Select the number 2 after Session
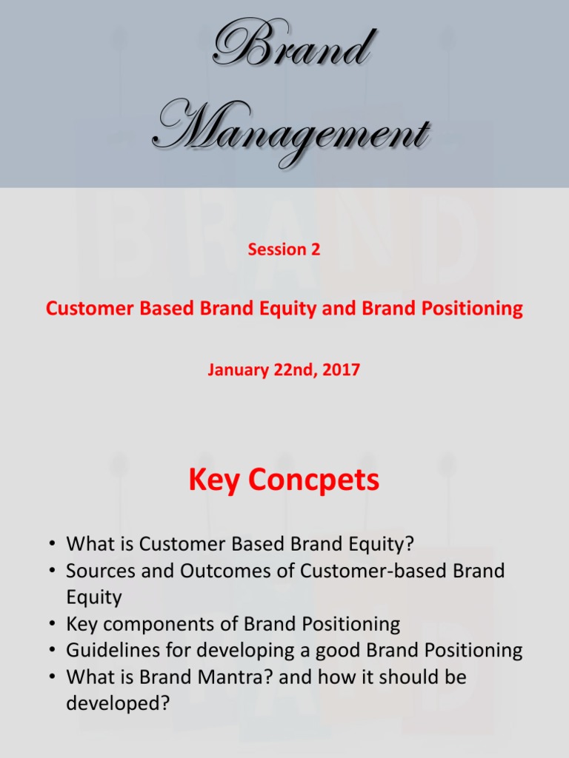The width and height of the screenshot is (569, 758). point(316,249)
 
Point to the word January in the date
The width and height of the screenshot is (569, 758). point(236,369)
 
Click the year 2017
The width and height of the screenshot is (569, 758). point(342,369)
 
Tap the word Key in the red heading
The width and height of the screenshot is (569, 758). point(214,480)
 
